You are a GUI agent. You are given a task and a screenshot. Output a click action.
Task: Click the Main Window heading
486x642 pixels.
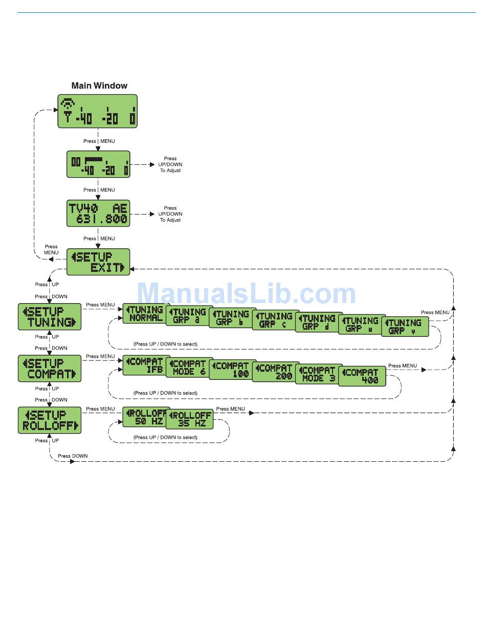99,86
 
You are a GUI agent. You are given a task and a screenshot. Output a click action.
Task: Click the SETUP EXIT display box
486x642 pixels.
98,262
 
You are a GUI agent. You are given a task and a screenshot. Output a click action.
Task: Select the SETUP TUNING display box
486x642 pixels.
50,317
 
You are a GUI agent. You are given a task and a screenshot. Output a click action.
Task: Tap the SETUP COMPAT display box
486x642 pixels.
50,369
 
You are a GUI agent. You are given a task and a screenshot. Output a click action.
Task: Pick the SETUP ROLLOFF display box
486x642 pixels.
50,420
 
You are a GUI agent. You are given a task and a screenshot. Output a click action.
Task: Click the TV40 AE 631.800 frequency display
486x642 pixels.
98,213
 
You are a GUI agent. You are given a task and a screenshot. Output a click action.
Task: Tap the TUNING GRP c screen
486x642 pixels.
276,320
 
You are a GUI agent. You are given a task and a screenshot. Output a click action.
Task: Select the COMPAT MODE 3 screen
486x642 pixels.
319,374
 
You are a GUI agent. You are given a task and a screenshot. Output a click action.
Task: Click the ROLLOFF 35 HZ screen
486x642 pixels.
190,420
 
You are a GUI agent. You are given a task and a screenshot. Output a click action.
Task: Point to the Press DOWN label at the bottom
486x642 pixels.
73,456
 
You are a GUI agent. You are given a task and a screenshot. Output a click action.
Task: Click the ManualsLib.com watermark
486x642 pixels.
247,294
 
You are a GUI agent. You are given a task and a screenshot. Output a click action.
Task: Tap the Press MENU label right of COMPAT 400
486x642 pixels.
403,366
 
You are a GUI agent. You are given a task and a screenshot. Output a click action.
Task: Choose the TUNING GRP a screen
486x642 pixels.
189,316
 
